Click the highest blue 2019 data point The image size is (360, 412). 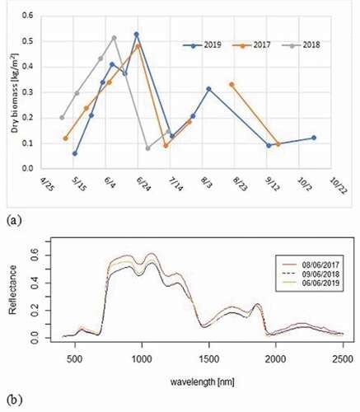[x=137, y=35]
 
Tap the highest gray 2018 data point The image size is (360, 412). [x=115, y=38]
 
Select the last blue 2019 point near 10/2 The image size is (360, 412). [x=314, y=138]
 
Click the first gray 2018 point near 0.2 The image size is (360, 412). [x=62, y=118]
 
